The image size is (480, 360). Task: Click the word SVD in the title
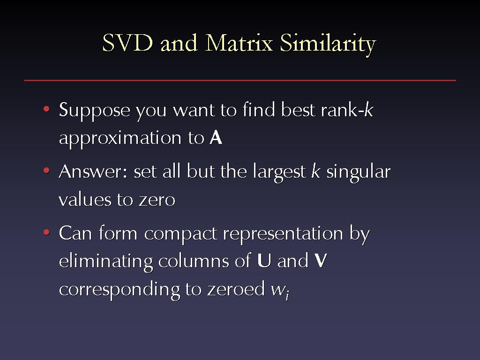click(x=127, y=43)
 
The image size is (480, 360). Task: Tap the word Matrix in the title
click(x=239, y=43)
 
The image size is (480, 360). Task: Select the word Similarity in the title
click(x=328, y=45)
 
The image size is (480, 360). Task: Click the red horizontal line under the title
click(x=240, y=81)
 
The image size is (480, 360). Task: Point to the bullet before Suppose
click(x=46, y=109)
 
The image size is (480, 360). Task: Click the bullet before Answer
click(x=46, y=170)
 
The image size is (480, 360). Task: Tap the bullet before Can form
click(x=46, y=232)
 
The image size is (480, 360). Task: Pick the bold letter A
click(x=216, y=138)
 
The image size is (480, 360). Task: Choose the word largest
click(x=279, y=172)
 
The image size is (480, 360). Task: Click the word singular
click(x=359, y=172)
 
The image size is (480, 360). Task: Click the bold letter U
click(x=264, y=261)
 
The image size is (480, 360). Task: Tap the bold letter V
click(x=321, y=261)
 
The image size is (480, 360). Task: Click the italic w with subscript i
click(x=280, y=290)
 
